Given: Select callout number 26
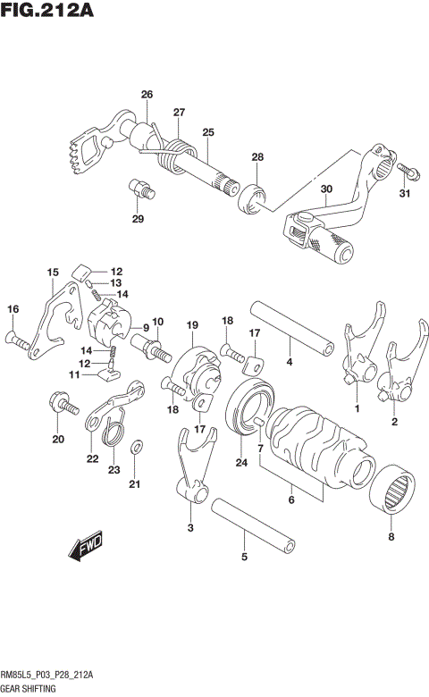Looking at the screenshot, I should (147, 95).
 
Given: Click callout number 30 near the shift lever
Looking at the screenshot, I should (325, 189).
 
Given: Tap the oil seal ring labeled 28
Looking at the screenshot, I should (252, 197).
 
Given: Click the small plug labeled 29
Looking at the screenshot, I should (140, 189).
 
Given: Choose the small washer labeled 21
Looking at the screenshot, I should (135, 448).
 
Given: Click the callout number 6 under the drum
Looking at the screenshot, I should (290, 501).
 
